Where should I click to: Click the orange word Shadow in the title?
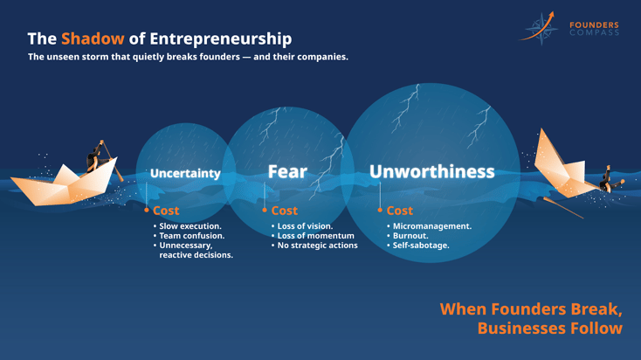tap(93, 39)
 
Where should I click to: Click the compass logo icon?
tap(541, 28)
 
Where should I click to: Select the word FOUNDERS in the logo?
tap(594, 25)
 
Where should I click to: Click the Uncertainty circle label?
tap(185, 173)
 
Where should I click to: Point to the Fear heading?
tap(287, 171)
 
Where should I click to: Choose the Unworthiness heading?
tap(431, 171)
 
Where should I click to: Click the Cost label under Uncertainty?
tap(166, 211)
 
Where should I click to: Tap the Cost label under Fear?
tap(284, 211)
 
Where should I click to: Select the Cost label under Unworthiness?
tap(399, 211)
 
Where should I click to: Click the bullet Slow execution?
tap(190, 226)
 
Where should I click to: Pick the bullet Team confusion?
tap(191, 236)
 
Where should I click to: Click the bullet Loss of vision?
tap(305, 226)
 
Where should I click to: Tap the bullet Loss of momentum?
tap(315, 236)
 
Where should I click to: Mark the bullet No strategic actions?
tap(317, 246)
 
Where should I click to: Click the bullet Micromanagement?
tap(431, 226)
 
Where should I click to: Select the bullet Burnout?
tap(410, 236)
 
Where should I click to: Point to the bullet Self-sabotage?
tap(421, 246)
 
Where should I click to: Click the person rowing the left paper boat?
tap(94, 160)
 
